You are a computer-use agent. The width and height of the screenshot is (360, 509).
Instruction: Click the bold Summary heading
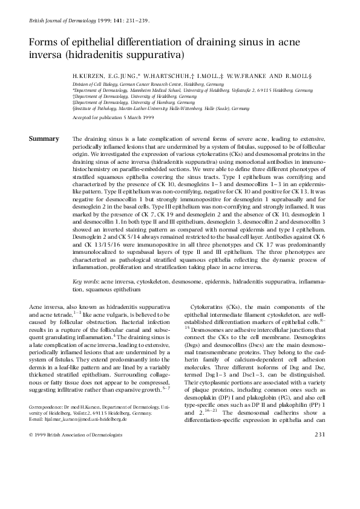click(44, 139)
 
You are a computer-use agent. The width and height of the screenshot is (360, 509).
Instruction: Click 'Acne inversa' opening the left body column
click(45, 307)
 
